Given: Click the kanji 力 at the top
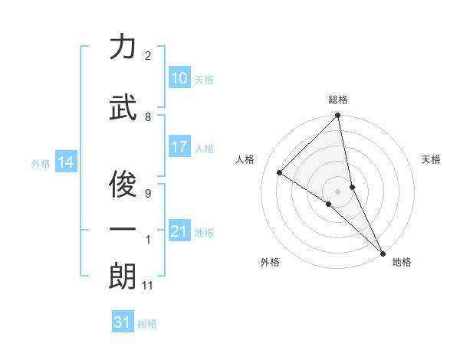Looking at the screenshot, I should point(123,47).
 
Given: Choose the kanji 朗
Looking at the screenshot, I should point(123,277).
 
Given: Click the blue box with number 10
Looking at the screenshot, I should point(179,78).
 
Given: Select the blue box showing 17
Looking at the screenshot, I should point(179,148).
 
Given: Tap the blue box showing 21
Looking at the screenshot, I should point(179,231).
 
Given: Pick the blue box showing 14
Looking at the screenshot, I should point(66,162).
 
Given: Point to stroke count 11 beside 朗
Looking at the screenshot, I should point(148,286).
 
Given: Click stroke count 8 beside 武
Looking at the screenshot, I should point(148,117).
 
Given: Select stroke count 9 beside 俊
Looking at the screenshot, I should point(148,193).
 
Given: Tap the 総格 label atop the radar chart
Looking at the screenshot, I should point(337,100).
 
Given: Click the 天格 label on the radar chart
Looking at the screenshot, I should point(431,159).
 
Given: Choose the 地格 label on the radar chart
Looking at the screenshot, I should point(402,262).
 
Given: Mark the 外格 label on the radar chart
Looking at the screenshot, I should point(270,262).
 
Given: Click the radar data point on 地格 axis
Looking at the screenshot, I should point(382,251).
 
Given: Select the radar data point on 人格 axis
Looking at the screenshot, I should point(280,172).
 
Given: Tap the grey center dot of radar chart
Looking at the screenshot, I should point(337,191).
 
